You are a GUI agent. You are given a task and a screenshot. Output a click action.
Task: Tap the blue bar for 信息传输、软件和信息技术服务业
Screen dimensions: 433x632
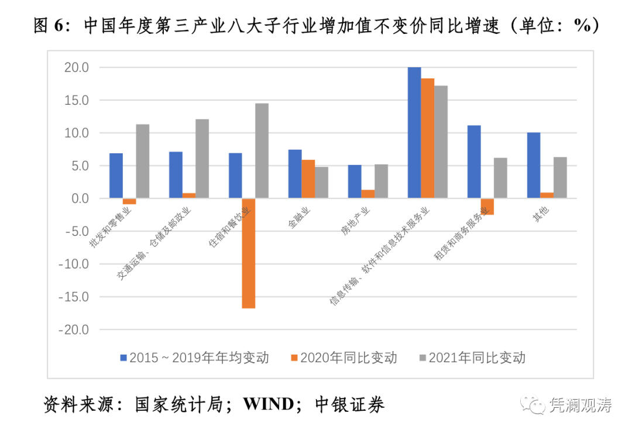414,133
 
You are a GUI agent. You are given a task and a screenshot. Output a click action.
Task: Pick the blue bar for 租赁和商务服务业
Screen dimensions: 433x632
474,162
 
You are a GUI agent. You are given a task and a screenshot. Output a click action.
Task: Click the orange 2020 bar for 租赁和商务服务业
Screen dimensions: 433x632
487,207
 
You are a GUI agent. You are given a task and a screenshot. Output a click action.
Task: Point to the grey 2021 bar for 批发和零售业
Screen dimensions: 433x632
142,161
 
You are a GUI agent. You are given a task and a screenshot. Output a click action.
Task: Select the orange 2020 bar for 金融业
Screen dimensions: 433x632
308,179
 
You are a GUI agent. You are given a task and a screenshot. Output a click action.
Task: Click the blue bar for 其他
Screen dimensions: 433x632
534,166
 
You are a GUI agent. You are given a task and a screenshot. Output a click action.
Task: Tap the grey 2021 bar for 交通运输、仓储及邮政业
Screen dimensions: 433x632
202,159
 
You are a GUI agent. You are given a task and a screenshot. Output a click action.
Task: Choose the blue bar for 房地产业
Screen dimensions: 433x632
355,181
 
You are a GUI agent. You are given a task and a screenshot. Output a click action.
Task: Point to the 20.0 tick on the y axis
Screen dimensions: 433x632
76,68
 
